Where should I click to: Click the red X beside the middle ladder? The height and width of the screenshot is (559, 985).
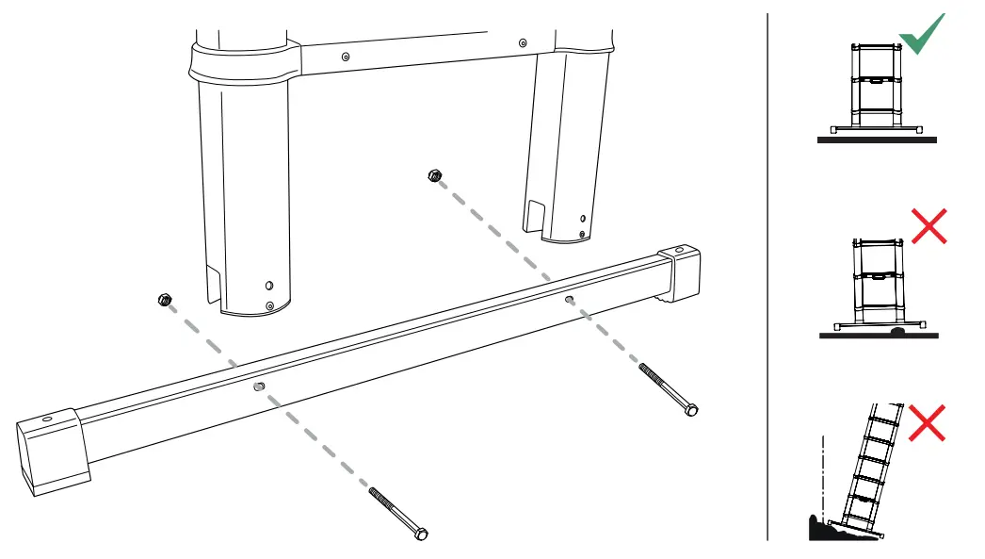928,226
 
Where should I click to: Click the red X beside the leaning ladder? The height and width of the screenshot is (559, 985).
928,422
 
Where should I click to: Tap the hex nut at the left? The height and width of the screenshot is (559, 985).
165,301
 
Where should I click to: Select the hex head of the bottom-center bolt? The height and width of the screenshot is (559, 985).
421,534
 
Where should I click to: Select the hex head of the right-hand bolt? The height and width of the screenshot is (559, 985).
692,410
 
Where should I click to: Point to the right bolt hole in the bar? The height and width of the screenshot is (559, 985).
569,300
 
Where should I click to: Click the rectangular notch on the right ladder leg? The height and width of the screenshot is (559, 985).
534,214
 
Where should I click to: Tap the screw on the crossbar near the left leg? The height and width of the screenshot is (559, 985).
346,57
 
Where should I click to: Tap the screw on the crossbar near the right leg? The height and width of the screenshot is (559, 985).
523,41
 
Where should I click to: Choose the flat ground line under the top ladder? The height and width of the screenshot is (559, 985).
877,140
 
